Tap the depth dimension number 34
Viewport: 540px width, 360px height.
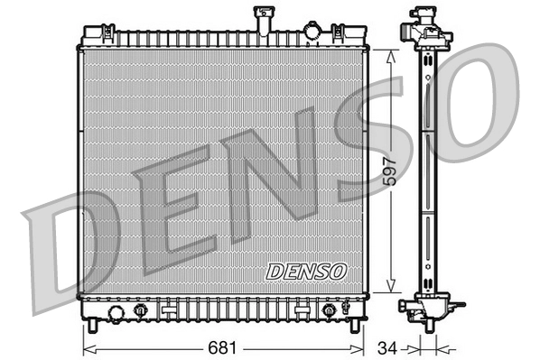pos(386,346)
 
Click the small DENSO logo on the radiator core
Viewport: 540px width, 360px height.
pos(305,270)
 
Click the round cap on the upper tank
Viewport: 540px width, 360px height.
pos(312,32)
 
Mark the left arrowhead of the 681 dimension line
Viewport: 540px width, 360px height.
pos(87,346)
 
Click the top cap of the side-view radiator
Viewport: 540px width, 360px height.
pos(426,16)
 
